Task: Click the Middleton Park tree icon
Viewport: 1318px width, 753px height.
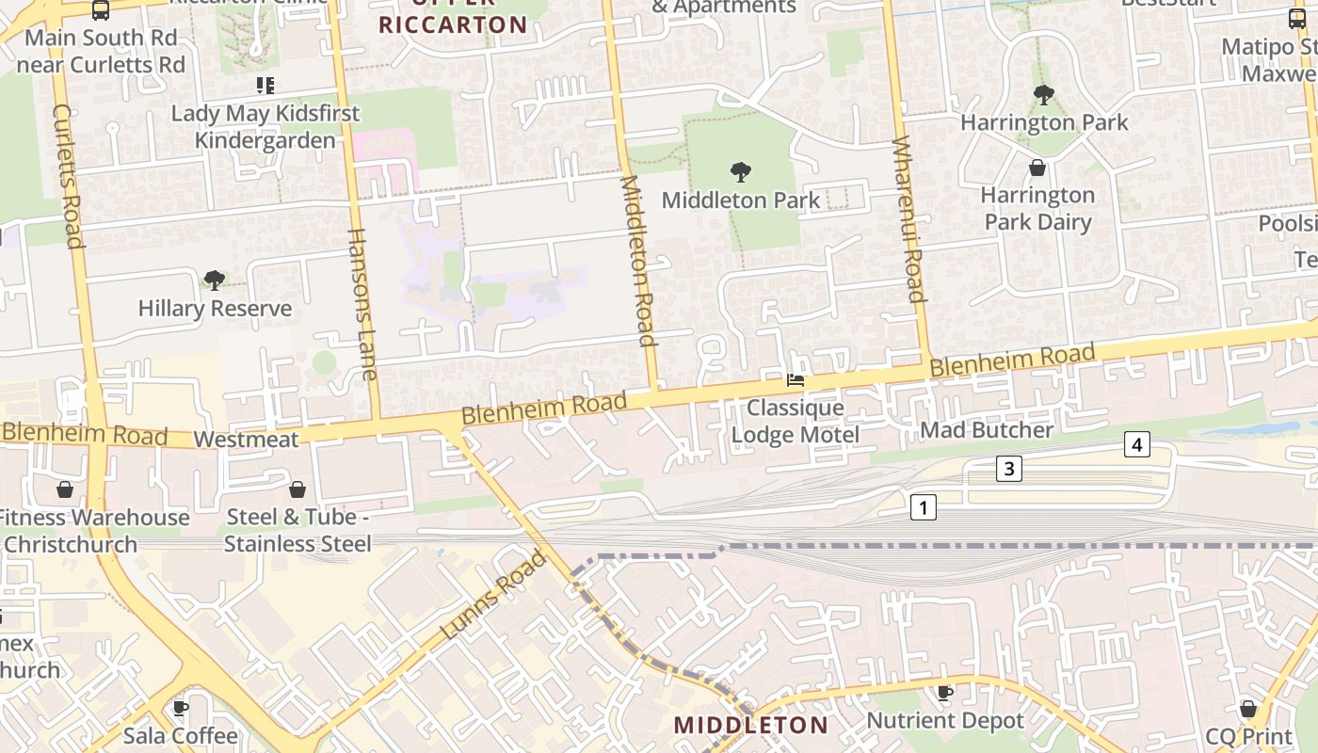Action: [741, 172]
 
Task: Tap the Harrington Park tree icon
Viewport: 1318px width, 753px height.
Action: [1043, 94]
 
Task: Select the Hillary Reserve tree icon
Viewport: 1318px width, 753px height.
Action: [215, 280]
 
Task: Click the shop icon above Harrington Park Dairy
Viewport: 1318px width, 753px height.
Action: [1037, 168]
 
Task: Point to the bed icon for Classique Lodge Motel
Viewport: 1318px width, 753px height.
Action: [796, 381]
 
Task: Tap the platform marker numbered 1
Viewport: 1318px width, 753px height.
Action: [924, 508]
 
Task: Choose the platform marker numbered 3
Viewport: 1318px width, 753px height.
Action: [1009, 468]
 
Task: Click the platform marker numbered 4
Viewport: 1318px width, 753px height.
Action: [1137, 444]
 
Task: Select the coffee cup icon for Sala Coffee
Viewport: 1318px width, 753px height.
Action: [181, 708]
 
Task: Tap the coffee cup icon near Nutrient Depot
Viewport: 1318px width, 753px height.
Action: [945, 694]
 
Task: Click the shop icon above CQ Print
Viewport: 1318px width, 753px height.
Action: [1248, 708]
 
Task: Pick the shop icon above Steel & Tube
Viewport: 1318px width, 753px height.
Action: [297, 489]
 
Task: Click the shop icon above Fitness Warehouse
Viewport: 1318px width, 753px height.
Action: [65, 489]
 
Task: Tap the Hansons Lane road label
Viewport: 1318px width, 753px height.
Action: [362, 304]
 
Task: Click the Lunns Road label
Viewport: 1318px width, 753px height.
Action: [493, 594]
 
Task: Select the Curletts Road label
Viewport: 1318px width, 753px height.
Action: [69, 176]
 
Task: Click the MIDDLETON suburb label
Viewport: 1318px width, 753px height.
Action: [751, 725]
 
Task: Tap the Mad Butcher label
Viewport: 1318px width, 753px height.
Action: [987, 430]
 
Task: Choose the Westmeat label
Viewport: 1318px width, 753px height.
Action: [246, 440]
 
